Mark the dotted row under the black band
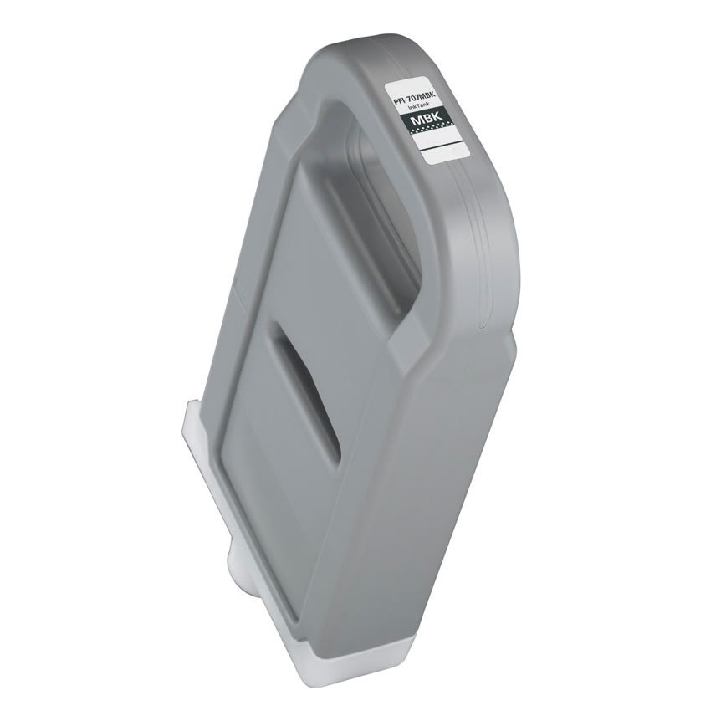(x=432, y=132)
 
